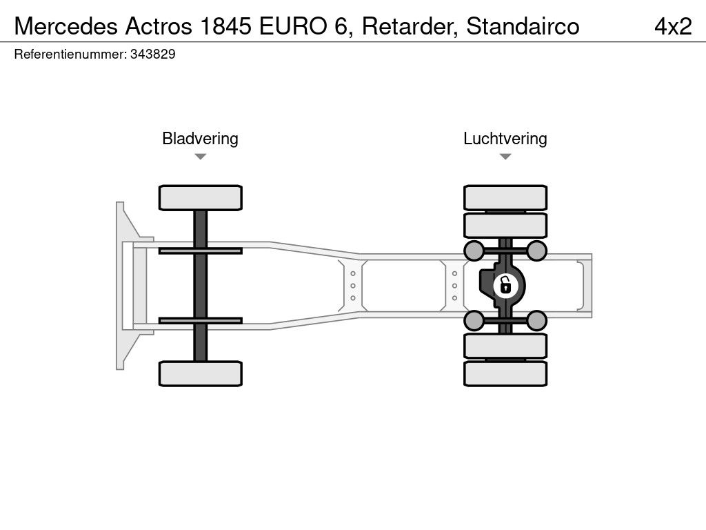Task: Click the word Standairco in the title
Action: tap(523, 26)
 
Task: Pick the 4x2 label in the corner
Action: tap(673, 26)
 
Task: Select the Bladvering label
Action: tap(200, 139)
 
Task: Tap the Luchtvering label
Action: tap(505, 139)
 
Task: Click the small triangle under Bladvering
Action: tap(200, 157)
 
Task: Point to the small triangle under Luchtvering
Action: tap(505, 157)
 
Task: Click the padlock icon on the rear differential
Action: tap(505, 284)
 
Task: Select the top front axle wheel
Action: tap(200, 197)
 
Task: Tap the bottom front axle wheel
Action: tap(200, 373)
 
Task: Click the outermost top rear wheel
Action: tap(505, 197)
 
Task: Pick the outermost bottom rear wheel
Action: tap(505, 373)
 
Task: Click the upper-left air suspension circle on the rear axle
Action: tap(474, 250)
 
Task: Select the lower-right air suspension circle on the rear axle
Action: tap(537, 320)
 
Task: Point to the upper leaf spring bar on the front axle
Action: tap(200, 250)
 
